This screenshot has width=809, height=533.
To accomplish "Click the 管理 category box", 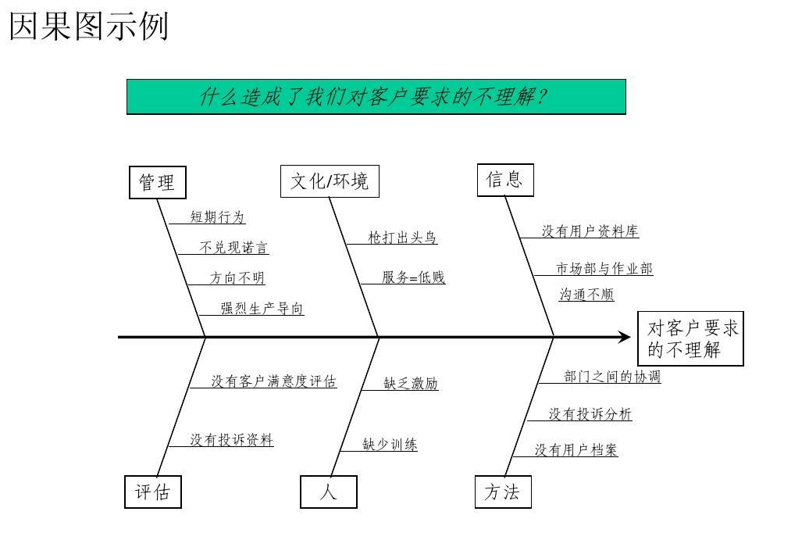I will pyautogui.click(x=157, y=182).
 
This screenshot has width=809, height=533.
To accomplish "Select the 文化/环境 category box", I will pyautogui.click(x=330, y=181).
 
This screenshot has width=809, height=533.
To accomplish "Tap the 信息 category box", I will pyautogui.click(x=504, y=180).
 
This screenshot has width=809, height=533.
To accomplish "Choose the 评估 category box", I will pyautogui.click(x=153, y=492).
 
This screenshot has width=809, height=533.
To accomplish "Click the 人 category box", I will pyautogui.click(x=329, y=492).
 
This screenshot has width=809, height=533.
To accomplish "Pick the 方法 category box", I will pyautogui.click(x=502, y=492).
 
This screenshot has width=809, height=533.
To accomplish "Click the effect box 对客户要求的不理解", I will pyautogui.click(x=690, y=338).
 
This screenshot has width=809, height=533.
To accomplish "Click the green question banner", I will pyautogui.click(x=376, y=97).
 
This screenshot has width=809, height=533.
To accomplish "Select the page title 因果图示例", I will pyautogui.click(x=89, y=27).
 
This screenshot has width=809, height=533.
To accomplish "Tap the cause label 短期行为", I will pyautogui.click(x=218, y=217).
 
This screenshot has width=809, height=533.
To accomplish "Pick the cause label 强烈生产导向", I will pyautogui.click(x=262, y=309).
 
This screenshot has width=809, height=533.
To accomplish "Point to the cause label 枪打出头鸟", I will pyautogui.click(x=402, y=238).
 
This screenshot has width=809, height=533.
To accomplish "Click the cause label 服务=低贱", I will pyautogui.click(x=413, y=277).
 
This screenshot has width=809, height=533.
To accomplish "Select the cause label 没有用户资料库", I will pyautogui.click(x=590, y=231).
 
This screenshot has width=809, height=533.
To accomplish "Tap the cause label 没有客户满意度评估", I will pyautogui.click(x=273, y=381).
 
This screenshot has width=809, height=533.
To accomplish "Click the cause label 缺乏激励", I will pyautogui.click(x=411, y=383).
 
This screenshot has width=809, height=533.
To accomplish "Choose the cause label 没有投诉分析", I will pyautogui.click(x=590, y=414).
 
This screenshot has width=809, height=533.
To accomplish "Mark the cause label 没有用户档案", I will pyautogui.click(x=576, y=450).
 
